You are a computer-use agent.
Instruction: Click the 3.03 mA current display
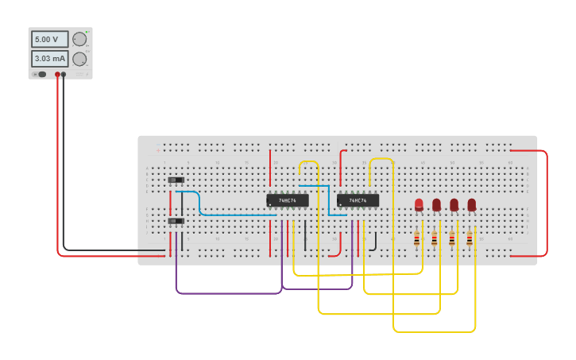coord(49,59)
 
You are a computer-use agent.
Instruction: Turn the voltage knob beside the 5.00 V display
coord(79,39)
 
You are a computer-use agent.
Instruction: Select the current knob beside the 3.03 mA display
coord(79,59)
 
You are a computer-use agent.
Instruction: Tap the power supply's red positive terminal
coord(57,74)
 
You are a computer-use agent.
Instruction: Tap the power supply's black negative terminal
coord(64,74)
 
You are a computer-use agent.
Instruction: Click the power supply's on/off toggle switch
coord(41,74)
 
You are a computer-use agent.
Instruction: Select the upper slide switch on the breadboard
coord(176,180)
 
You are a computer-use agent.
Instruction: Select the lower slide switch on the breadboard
coord(176,221)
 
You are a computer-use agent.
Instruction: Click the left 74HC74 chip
coord(287,200)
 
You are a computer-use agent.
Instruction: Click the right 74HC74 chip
coord(358,200)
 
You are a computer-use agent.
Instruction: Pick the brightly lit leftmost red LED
coord(419,204)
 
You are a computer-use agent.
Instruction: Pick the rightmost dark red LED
coord(472,204)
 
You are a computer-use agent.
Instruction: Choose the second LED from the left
coord(436,204)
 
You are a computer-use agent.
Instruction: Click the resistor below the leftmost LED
coord(416,238)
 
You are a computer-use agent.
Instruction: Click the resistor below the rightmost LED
coord(470,238)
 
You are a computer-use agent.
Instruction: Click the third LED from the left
coord(454,204)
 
